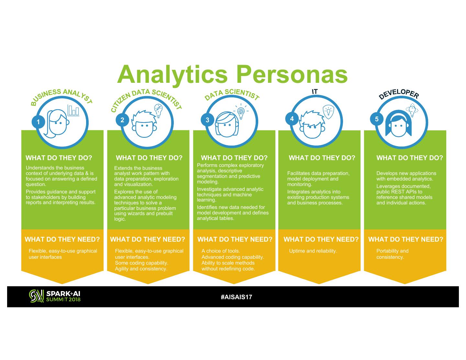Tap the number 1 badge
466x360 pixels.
pos(39,122)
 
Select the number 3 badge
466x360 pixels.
pos(207,120)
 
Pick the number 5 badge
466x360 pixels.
pos(377,119)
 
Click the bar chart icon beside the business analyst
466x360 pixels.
pos(73,111)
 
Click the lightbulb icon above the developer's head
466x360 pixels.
pos(412,110)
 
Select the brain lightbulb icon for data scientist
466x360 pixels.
pos(241,111)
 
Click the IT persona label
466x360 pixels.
pos(315,92)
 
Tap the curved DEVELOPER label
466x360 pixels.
pos(399,93)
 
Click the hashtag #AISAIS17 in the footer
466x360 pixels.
pos(236,297)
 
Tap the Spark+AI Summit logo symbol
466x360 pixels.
pos(36,296)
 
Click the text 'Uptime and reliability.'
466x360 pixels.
pos(313,251)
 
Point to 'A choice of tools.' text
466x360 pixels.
pos(221,251)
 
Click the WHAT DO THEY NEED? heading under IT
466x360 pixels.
pos(321,239)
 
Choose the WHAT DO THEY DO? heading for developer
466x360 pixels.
pos(410,158)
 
